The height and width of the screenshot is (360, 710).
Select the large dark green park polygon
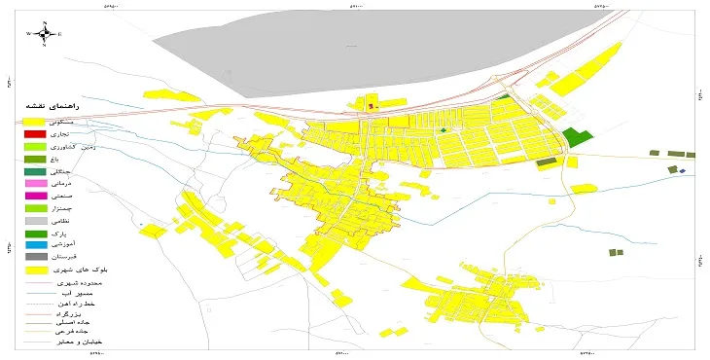[577, 137]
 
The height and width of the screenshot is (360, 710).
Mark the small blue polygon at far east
[683, 172]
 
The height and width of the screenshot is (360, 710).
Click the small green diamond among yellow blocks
[444, 129]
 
